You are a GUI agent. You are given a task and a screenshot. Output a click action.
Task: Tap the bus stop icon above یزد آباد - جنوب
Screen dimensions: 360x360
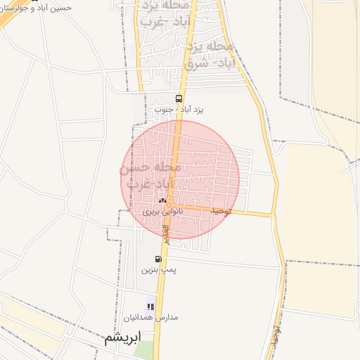179,98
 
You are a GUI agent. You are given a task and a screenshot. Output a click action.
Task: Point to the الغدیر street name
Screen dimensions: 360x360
167,233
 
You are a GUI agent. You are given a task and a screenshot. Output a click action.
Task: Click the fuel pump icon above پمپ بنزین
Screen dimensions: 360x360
158,259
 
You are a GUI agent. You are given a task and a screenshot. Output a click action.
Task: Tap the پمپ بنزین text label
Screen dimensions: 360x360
159,270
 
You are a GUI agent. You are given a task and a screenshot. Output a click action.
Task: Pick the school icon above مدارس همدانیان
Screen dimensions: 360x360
151,307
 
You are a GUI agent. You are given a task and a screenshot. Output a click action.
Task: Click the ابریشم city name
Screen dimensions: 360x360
122,337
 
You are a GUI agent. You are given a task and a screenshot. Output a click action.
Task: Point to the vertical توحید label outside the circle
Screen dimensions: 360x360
277,336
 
